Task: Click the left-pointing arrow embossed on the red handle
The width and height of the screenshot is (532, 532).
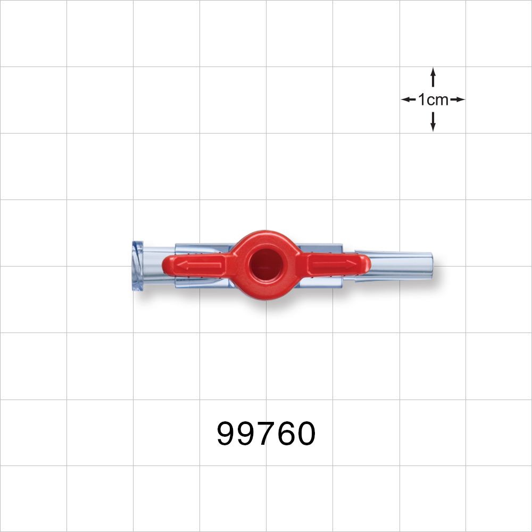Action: (200, 264)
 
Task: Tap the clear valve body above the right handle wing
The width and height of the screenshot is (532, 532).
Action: (319, 248)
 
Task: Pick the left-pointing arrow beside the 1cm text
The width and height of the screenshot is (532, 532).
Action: (408, 99)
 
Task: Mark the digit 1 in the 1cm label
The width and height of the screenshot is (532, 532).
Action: (421, 99)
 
